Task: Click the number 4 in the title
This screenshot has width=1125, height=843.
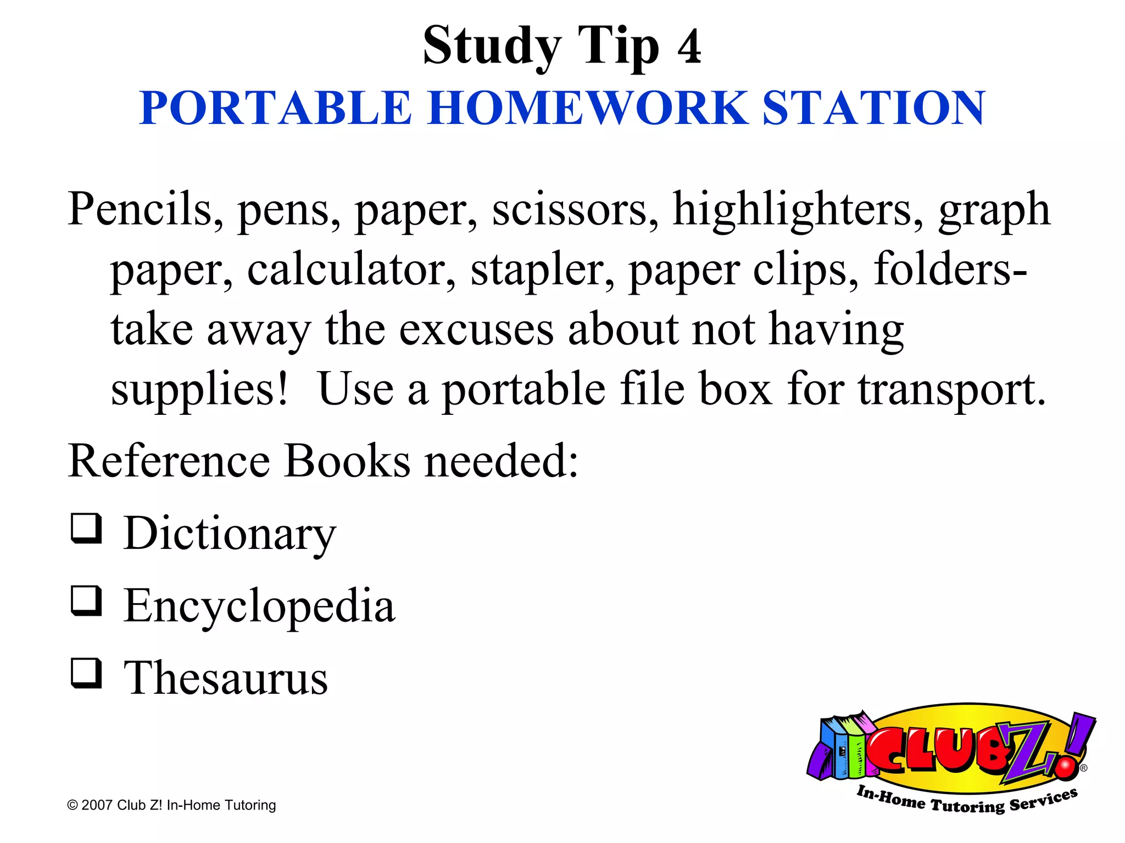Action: pos(689,47)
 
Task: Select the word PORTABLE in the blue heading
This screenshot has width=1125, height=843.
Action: pos(275,108)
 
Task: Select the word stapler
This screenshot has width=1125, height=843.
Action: pos(543,270)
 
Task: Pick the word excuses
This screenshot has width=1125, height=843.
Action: pos(476,330)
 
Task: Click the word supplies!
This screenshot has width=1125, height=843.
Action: pos(199,390)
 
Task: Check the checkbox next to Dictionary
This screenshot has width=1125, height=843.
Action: pos(87,529)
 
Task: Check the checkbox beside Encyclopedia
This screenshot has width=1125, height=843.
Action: pos(87,601)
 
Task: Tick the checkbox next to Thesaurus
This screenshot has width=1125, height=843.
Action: pos(87,673)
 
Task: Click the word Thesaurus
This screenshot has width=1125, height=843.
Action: pos(226,678)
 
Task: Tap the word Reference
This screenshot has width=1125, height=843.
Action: pos(169,461)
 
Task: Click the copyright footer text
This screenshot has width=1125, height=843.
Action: pos(171,805)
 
